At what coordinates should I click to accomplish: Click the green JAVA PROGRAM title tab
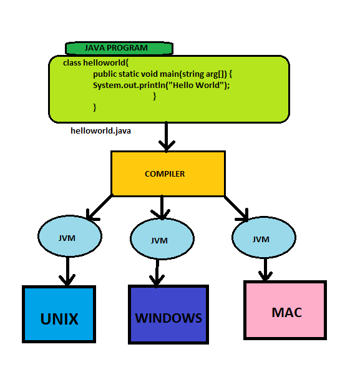pos(119,48)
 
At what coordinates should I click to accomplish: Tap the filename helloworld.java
pos(100,131)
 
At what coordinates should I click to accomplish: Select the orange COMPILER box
pos(167,174)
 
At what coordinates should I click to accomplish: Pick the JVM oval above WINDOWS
pos(160,240)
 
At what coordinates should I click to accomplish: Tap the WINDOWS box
pos(168,317)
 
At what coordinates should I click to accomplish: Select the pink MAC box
pos(286,311)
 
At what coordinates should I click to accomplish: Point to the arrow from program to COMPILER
pos(166,136)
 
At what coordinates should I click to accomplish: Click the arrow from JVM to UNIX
pos(66,272)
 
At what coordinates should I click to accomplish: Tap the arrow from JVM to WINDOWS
pos(156,272)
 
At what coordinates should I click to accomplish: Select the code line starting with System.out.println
pos(161,85)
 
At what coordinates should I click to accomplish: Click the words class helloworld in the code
pos(95,64)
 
